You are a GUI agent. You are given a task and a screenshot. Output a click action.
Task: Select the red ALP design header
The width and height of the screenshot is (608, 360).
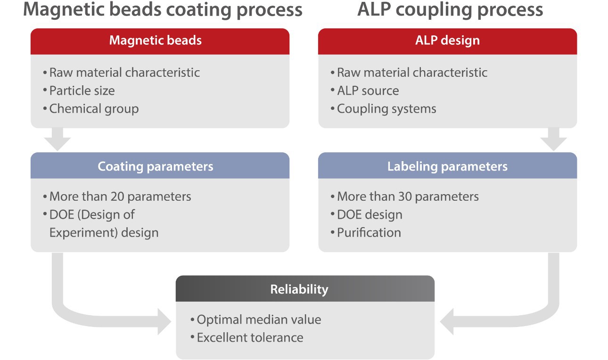[x=447, y=41]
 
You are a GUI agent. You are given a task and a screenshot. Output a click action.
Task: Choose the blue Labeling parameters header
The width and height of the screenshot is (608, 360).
[x=447, y=166]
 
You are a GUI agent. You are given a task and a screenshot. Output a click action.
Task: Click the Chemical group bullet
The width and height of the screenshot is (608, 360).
[x=94, y=109]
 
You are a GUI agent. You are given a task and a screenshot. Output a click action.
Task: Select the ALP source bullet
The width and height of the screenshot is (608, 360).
[x=368, y=90]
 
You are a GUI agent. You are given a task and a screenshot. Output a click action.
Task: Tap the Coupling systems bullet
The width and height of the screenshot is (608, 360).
[x=386, y=109]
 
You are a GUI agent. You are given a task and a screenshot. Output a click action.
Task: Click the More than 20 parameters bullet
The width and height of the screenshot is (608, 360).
[x=120, y=196]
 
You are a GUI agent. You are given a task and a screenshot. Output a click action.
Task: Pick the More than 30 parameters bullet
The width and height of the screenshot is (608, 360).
[x=408, y=196]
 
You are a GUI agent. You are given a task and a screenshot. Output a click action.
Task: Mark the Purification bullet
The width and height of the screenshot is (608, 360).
[x=369, y=232]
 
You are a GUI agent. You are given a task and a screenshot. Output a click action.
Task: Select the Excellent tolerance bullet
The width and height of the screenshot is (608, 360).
[x=250, y=337]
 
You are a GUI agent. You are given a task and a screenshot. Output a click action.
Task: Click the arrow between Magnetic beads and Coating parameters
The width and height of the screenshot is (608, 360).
[x=59, y=140]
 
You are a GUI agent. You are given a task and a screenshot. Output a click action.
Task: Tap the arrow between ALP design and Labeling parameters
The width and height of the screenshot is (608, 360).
[x=553, y=140]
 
